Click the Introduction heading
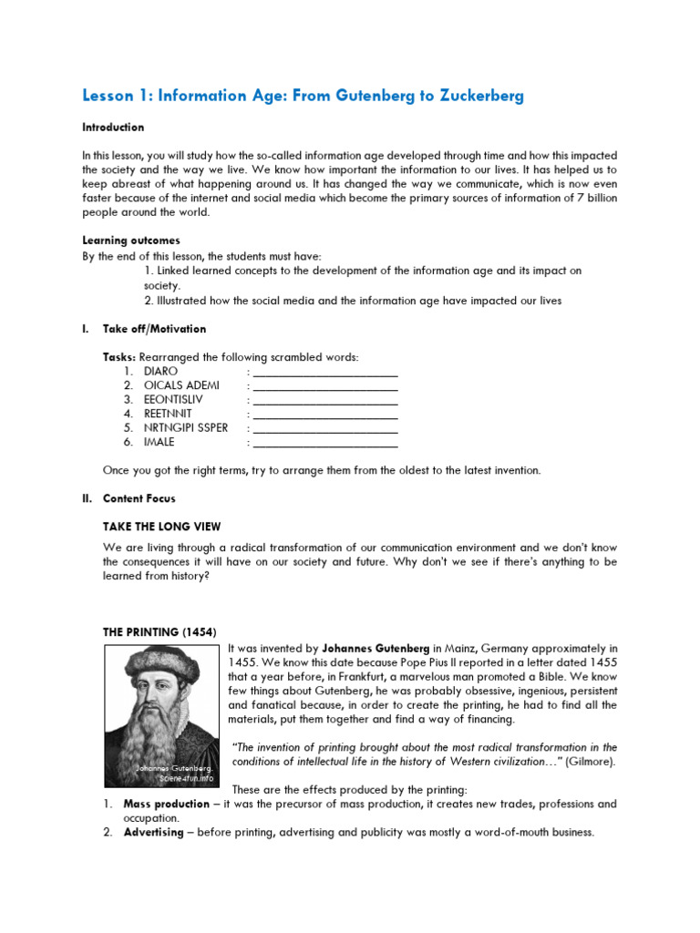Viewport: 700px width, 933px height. tap(113, 128)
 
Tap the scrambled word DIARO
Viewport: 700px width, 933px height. tap(161, 372)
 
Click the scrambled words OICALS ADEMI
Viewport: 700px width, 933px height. tap(181, 385)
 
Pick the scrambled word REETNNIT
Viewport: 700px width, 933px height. tap(168, 414)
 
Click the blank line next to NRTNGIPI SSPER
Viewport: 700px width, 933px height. tap(324, 428)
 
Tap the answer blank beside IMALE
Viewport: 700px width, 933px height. tap(324, 443)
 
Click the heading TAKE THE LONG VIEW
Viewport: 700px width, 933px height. tap(162, 527)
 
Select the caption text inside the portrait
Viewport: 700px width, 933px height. tap(173, 774)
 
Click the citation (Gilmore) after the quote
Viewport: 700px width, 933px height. tap(590, 762)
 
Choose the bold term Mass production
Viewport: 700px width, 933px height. tap(162, 805)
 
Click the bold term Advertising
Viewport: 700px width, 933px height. tap(153, 833)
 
